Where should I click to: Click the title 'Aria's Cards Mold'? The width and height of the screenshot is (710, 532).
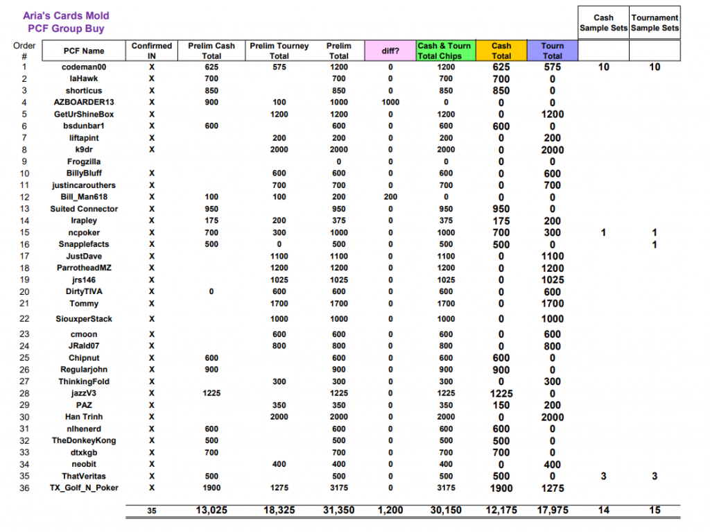pyautogui.click(x=66, y=15)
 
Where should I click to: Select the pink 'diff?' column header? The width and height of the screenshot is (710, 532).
pyautogui.click(x=390, y=51)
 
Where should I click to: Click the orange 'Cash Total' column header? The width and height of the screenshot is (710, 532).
pyautogui.click(x=501, y=51)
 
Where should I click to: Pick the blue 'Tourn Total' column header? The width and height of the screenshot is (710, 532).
pyautogui.click(x=552, y=51)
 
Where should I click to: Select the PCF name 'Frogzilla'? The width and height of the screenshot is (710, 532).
pyautogui.click(x=84, y=162)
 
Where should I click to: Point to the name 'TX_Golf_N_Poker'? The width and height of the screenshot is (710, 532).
pyautogui.click(x=84, y=488)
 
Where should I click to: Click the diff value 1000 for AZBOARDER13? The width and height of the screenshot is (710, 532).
pyautogui.click(x=390, y=103)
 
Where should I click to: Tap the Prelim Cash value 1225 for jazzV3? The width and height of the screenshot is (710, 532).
pyautogui.click(x=211, y=393)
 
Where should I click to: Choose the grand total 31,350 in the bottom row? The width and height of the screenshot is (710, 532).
pyautogui.click(x=338, y=510)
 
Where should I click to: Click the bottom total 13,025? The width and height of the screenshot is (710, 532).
pyautogui.click(x=211, y=510)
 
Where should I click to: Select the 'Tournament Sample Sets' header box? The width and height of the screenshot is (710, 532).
pyautogui.click(x=655, y=23)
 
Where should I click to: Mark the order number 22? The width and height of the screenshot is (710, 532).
pyautogui.click(x=24, y=319)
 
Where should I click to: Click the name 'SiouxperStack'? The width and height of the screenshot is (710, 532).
pyautogui.click(x=84, y=319)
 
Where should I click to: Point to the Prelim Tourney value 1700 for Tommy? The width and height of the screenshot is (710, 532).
pyautogui.click(x=279, y=303)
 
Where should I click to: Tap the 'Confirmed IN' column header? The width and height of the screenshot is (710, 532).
pyautogui.click(x=151, y=51)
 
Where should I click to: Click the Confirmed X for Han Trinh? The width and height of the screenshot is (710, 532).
pyautogui.click(x=151, y=417)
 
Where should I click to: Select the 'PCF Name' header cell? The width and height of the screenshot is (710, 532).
pyautogui.click(x=84, y=51)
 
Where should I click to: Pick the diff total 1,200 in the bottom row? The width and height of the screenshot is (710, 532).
pyautogui.click(x=390, y=510)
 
